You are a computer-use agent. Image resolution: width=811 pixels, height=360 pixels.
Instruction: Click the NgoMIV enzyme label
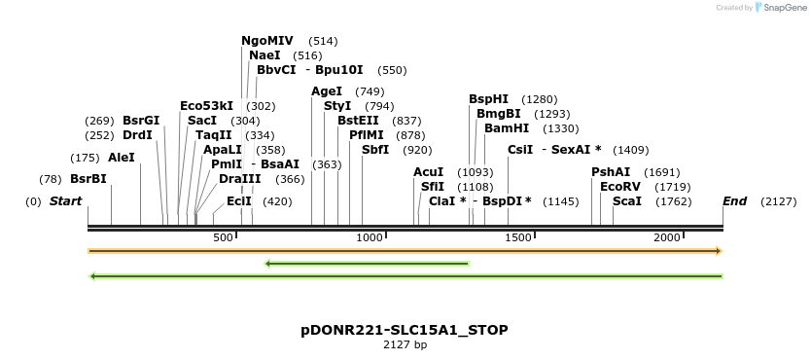pyautogui.click(x=266, y=41)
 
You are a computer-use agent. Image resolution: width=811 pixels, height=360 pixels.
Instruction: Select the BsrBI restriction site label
pyautogui.click(x=88, y=179)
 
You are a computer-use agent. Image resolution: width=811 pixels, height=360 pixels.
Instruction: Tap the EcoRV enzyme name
pyautogui.click(x=619, y=186)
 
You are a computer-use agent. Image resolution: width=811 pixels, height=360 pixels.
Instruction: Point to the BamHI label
pyautogui.click(x=506, y=128)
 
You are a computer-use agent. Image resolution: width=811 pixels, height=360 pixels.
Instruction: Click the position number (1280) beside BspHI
pyautogui.click(x=539, y=99)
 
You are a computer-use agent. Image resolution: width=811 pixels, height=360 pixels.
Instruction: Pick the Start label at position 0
pyautogui.click(x=65, y=201)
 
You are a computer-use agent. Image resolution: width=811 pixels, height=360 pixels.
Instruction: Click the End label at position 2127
pyautogui.click(x=734, y=201)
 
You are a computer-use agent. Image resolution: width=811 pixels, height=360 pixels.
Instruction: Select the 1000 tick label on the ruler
pyautogui.click(x=370, y=238)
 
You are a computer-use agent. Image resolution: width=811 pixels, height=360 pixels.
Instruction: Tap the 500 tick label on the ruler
pyautogui.click(x=223, y=238)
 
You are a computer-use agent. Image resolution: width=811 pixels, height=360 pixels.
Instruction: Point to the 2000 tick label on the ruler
pyautogui.click(x=666, y=238)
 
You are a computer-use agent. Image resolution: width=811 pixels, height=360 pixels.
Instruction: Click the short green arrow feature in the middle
pyautogui.click(x=367, y=263)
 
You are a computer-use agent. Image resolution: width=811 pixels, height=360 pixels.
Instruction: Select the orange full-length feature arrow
pyautogui.click(x=405, y=251)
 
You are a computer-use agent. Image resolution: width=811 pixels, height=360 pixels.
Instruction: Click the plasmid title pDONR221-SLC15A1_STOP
pyautogui.click(x=405, y=330)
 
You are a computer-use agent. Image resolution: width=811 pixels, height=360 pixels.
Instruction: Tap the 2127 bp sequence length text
pyautogui.click(x=405, y=344)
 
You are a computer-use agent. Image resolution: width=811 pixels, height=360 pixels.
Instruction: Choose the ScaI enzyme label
pyautogui.click(x=626, y=201)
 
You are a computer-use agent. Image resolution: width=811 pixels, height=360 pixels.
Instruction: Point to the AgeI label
pyautogui.click(x=327, y=91)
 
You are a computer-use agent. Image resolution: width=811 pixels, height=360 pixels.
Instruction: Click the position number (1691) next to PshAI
pyautogui.click(x=662, y=172)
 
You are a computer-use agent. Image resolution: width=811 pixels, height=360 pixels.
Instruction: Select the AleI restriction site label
pyautogui.click(x=122, y=158)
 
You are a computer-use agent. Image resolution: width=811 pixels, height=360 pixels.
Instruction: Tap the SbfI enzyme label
pyautogui.click(x=375, y=150)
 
